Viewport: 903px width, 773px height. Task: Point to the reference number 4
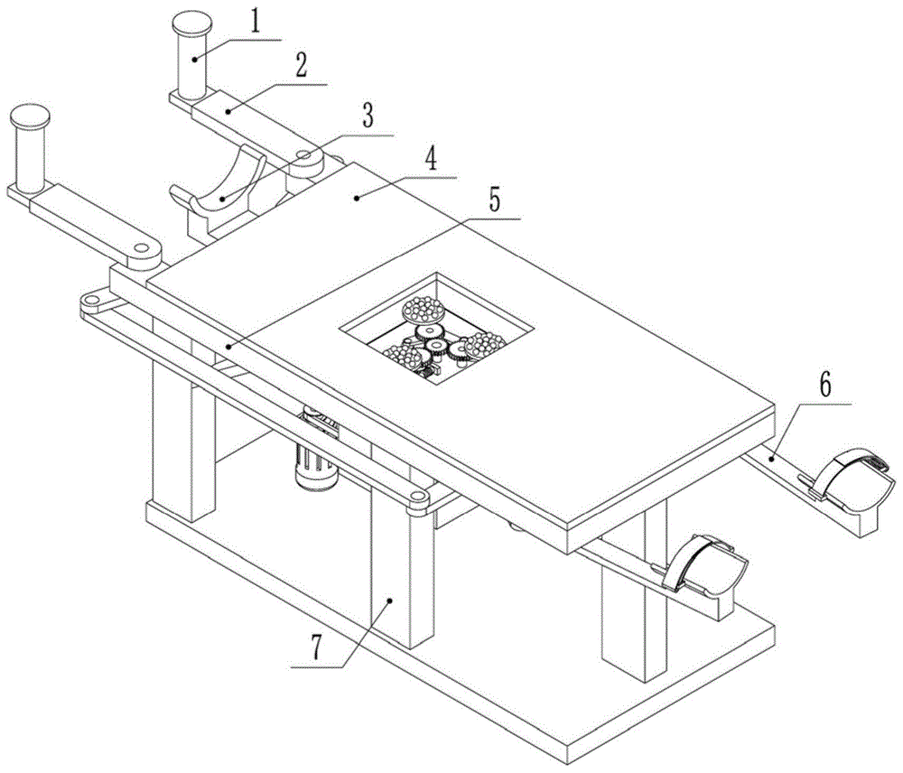(431, 159)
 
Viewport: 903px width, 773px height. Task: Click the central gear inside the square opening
(436, 348)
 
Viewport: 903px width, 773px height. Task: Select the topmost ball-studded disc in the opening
(423, 311)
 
